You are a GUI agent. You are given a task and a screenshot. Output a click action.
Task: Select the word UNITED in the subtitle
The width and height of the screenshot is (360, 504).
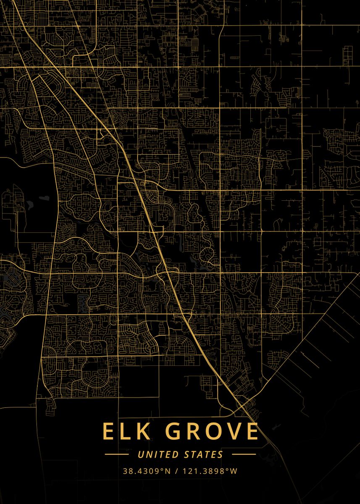pyautogui.click(x=158, y=454)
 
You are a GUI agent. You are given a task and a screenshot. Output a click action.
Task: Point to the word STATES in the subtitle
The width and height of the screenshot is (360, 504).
pyautogui.click(x=203, y=454)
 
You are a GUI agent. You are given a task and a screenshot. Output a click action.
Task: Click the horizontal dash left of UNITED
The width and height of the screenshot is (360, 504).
pyautogui.click(x=116, y=454)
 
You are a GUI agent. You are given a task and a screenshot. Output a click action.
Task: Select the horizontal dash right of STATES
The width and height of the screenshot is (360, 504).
pyautogui.click(x=244, y=454)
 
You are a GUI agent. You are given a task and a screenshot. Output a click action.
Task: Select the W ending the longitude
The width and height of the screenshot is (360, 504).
pyautogui.click(x=234, y=471)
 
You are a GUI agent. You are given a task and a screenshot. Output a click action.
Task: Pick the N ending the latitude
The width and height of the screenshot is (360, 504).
pyautogui.click(x=168, y=471)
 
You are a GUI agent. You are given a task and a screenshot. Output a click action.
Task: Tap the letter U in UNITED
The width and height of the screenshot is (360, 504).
pyautogui.click(x=141, y=454)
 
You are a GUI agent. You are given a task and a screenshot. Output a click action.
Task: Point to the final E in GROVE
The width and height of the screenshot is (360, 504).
pyautogui.click(x=251, y=431)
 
